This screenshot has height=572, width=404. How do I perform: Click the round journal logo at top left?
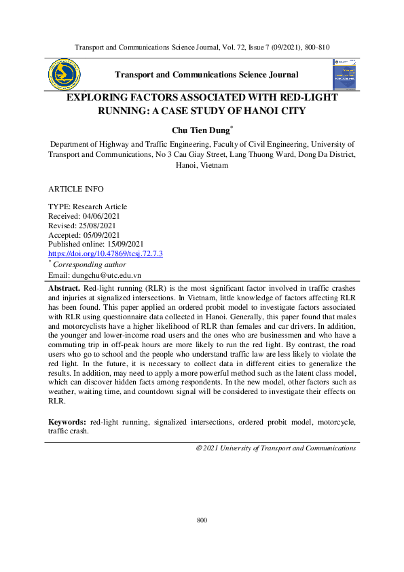tap(64, 74)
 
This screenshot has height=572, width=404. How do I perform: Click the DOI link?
tap(105, 253)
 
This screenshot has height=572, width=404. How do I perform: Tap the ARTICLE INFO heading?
tap(76, 188)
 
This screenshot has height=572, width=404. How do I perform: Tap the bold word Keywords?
tap(68, 422)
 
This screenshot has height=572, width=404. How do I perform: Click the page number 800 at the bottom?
tap(202, 520)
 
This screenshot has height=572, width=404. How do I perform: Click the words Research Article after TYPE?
tap(99, 207)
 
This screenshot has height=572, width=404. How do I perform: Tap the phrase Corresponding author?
tap(90, 264)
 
